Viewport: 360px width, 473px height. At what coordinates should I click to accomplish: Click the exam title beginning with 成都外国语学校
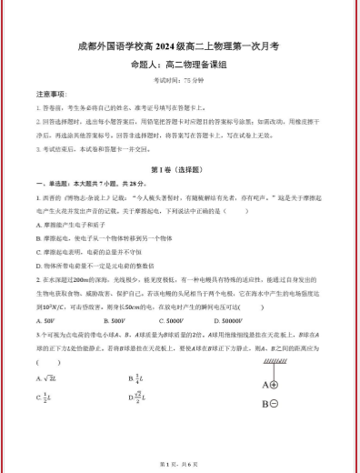click(x=179, y=44)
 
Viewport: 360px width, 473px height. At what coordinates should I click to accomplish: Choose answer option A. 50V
click(x=45, y=320)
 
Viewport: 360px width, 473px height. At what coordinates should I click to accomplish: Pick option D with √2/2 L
click(x=139, y=398)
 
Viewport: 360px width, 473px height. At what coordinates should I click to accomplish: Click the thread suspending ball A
click(x=272, y=367)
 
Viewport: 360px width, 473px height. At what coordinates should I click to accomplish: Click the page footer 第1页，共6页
click(x=179, y=464)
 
